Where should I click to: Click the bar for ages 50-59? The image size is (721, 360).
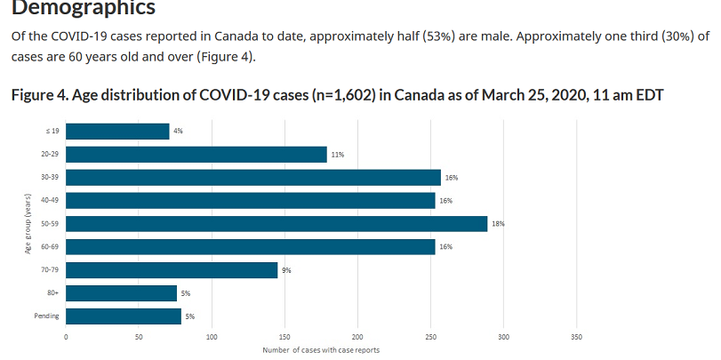click(276, 224)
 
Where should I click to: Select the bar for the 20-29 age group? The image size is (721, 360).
click(196, 155)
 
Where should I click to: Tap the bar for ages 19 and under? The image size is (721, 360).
click(117, 132)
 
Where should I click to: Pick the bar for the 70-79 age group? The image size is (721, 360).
click(172, 270)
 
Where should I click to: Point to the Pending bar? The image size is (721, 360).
click(124, 316)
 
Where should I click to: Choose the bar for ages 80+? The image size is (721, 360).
click(121, 293)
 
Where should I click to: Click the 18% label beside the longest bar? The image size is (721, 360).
click(499, 224)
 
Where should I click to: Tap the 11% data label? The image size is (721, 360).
click(338, 155)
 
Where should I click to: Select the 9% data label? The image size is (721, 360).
click(287, 270)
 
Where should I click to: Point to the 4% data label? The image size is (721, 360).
click(178, 132)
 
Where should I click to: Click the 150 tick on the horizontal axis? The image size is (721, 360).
click(284, 338)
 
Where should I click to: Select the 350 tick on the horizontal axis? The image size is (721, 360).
click(576, 338)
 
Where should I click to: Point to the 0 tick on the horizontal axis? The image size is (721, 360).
click(66, 338)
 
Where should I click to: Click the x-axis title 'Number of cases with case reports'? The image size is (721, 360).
click(321, 350)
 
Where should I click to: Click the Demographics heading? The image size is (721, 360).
click(83, 9)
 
